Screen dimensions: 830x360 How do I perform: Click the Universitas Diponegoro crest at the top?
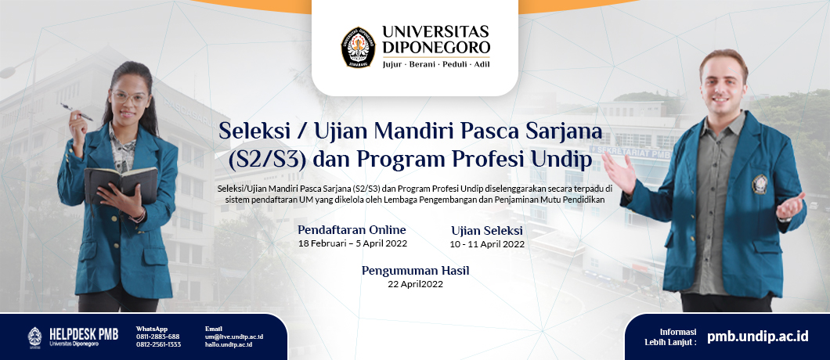[x=358, y=47]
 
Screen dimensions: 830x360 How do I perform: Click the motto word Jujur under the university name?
[x=392, y=65]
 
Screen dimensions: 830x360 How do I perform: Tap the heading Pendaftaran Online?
[x=352, y=230]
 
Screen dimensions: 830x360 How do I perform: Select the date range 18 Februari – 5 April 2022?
[x=352, y=244]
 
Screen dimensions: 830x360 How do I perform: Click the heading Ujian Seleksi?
[x=487, y=230]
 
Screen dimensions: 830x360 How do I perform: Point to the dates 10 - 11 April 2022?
[x=487, y=245]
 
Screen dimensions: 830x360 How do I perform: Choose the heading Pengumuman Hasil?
[x=416, y=271]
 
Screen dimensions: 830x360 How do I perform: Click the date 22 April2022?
[x=415, y=284]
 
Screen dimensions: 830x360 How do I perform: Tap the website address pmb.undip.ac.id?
[x=757, y=336]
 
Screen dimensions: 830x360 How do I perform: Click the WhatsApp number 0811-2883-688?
[x=157, y=337]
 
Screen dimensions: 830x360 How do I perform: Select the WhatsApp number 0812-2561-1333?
[x=158, y=344]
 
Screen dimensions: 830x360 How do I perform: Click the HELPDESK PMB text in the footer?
[x=84, y=334]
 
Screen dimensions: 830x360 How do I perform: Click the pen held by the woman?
[x=77, y=112]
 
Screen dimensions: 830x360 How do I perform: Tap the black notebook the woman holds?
[x=121, y=185]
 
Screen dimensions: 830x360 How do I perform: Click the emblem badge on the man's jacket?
[x=760, y=184]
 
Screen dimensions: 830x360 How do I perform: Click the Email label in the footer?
[x=213, y=329]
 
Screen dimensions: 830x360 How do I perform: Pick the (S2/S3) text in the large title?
[x=267, y=160]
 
